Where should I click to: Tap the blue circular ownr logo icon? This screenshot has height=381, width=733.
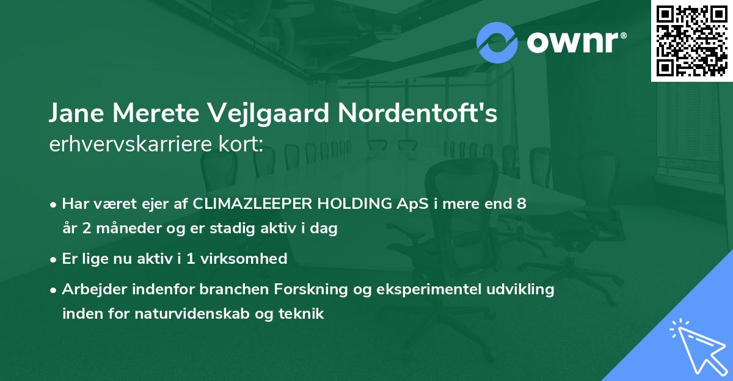(497, 43)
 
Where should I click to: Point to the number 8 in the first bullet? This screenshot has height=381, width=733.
(521, 204)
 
